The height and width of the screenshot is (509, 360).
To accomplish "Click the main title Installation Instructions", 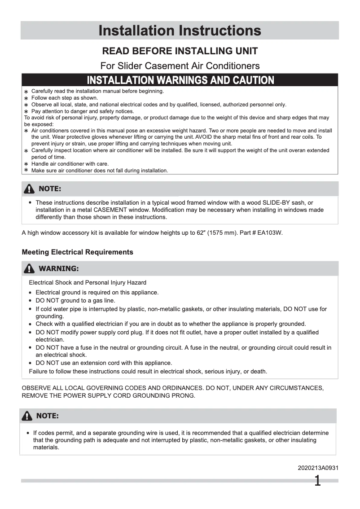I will click(180, 31).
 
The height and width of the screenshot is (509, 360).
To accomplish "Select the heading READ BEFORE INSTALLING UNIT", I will click(180, 51).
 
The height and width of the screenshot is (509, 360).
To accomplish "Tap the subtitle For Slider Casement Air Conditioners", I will click(180, 66).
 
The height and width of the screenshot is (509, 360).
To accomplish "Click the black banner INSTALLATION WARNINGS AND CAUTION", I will click(180, 80).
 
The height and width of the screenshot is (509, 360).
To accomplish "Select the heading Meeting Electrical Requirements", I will click(77, 252).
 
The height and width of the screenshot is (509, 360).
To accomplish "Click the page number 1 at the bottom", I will click(317, 482).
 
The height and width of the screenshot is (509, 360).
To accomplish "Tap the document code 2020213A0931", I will click(318, 468).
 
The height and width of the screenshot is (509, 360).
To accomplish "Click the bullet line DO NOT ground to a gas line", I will click(75, 301).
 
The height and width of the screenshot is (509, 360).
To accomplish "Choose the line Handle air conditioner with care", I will click(70, 164).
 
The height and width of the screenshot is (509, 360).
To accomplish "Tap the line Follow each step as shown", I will click(65, 97).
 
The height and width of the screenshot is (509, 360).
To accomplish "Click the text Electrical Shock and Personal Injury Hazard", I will click(88, 283).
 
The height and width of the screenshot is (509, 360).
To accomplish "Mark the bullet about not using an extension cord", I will click(104, 363).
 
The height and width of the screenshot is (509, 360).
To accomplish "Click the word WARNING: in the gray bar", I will click(59, 269).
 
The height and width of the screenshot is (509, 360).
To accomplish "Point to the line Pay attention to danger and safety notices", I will click(83, 111).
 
